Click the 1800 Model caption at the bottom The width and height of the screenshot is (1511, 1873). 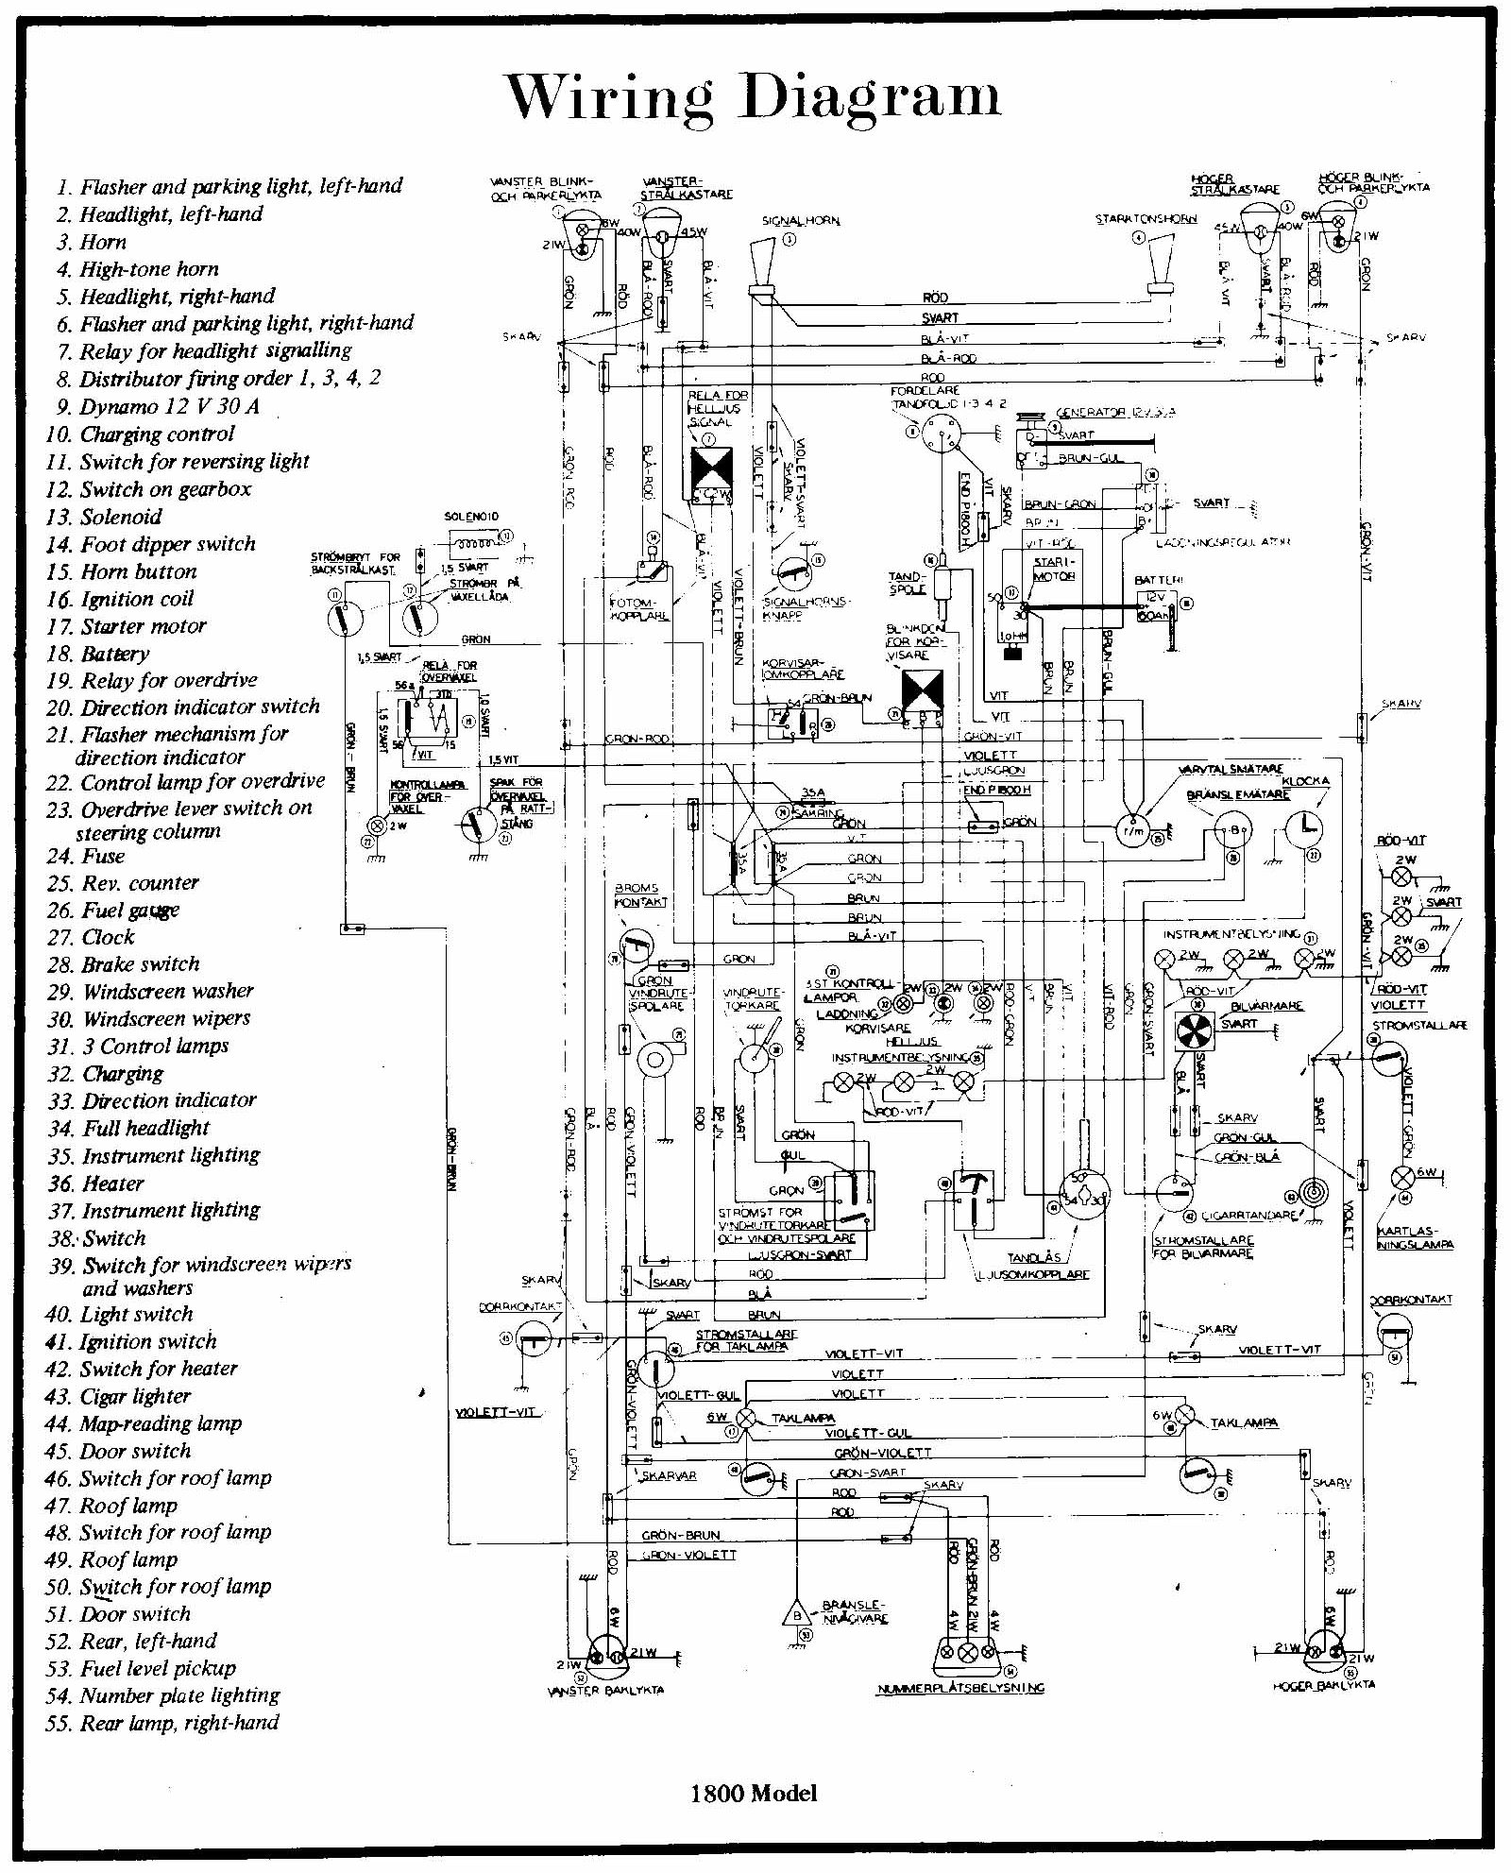coord(754,1793)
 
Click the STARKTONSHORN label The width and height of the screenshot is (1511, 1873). coord(1146,219)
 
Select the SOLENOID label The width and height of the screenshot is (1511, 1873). coord(471,517)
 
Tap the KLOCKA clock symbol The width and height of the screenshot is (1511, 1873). coord(1303,828)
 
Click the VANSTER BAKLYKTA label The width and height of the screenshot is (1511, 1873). coord(605,1690)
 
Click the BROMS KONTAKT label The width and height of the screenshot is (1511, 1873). coord(640,895)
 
